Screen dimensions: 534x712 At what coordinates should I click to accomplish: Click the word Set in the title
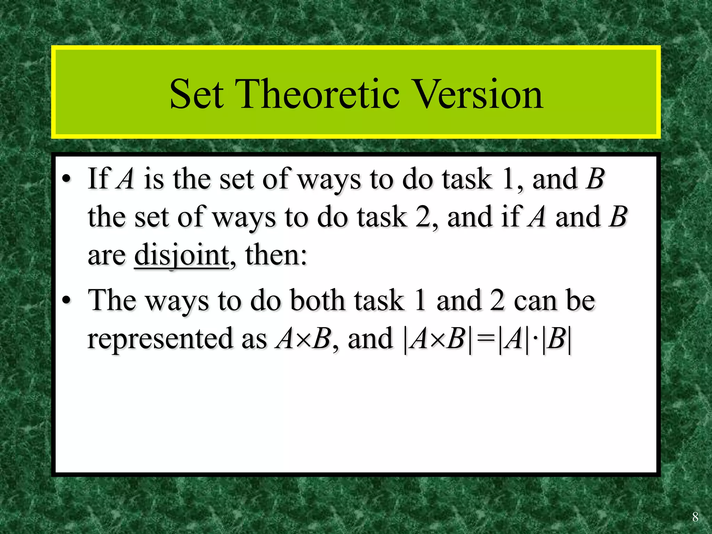pos(196,94)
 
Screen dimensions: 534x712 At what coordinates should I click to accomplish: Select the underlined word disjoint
pos(181,255)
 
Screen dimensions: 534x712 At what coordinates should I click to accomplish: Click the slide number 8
pos(695,517)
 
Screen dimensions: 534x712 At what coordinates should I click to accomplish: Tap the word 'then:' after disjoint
pos(276,255)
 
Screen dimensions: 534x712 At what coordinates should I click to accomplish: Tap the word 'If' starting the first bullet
pos(99,179)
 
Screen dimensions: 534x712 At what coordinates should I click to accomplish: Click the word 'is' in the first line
pos(153,179)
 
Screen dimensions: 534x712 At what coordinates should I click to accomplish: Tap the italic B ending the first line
pos(595,179)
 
